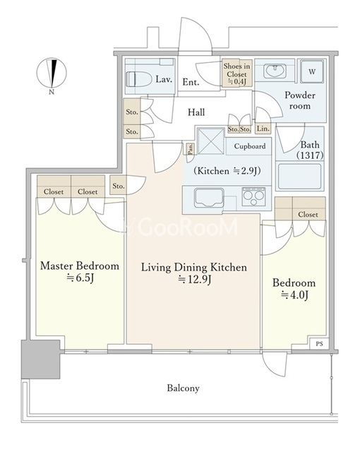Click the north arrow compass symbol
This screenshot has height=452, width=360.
pos(52,73)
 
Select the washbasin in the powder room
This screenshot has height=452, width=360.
pos(275,71)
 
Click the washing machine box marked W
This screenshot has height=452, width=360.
pos(312,71)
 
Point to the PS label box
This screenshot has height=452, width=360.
pos(319,344)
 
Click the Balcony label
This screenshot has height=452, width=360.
pos(183,388)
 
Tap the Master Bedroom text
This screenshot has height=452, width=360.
pos(80,266)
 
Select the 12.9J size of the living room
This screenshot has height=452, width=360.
pos(195,279)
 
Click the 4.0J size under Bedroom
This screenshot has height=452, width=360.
pos(294,295)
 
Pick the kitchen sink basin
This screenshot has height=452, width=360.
pos(209,198)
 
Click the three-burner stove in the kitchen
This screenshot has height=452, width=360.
pos(253,196)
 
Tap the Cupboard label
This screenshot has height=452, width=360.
pos(250,146)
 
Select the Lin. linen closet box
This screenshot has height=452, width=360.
pos(263,129)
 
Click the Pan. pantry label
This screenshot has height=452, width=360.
pos(191,149)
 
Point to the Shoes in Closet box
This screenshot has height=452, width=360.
pos(236,73)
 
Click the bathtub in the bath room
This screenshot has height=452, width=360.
pos(299,177)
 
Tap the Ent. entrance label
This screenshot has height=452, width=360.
pos(191,82)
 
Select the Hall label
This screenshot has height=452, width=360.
pos(196,112)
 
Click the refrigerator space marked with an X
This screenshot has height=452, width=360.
pos(211,141)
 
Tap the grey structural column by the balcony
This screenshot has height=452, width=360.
pos(41,359)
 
